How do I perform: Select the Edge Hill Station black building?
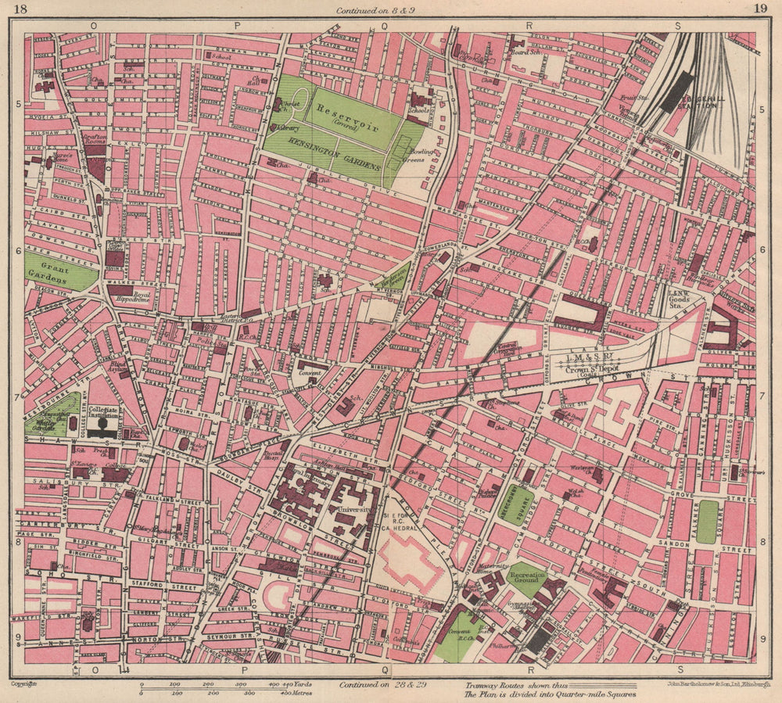point(677,92)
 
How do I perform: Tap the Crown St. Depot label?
point(599,368)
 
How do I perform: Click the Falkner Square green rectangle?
point(707,522)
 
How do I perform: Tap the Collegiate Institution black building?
point(102,427)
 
